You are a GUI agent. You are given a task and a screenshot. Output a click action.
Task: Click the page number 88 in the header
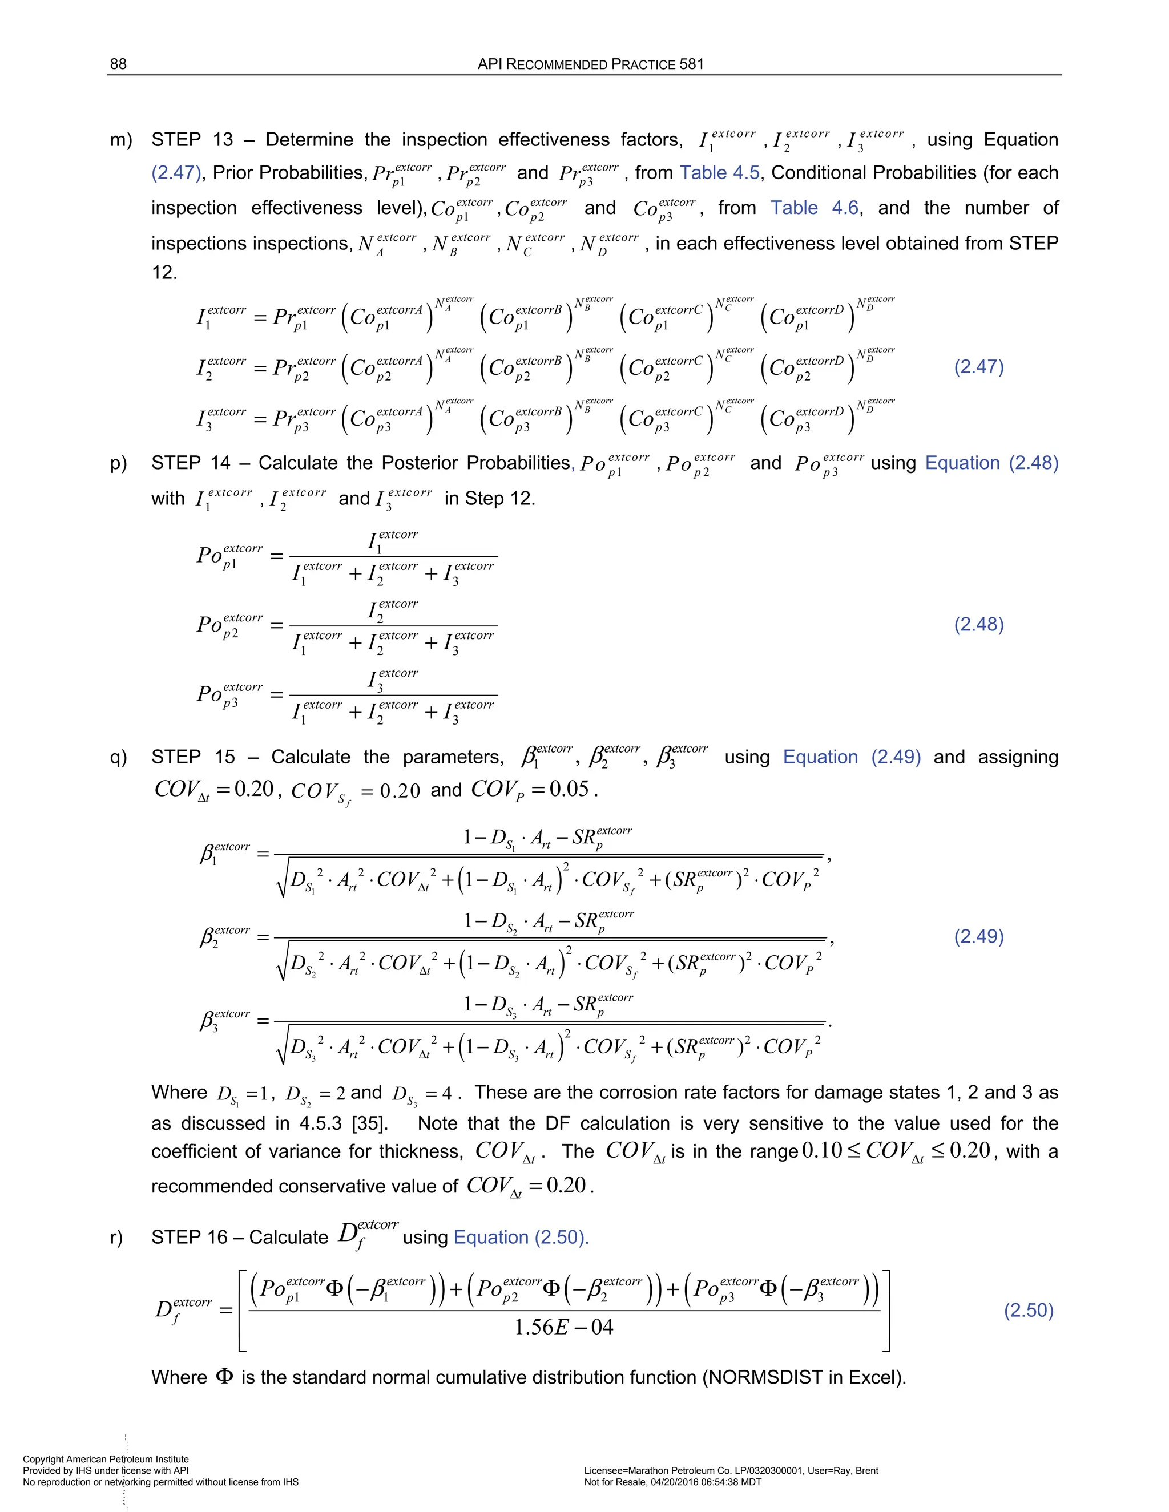point(118,64)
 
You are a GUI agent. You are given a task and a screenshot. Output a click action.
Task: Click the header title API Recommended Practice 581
point(590,64)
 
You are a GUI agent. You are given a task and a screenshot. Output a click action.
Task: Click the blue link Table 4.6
point(815,208)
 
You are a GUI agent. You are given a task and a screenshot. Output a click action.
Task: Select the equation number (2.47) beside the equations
point(978,366)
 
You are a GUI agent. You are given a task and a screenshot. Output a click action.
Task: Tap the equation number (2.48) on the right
point(978,624)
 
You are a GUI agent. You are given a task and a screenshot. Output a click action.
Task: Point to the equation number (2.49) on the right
point(978,937)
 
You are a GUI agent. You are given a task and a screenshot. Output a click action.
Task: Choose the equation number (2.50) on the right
point(1029,1311)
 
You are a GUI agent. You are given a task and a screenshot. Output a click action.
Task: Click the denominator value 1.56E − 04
point(563,1327)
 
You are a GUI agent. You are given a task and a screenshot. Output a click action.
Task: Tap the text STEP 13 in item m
point(192,140)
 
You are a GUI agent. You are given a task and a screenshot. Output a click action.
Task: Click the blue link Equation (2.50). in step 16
point(521,1237)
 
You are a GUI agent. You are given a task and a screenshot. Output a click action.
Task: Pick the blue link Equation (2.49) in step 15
point(851,757)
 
